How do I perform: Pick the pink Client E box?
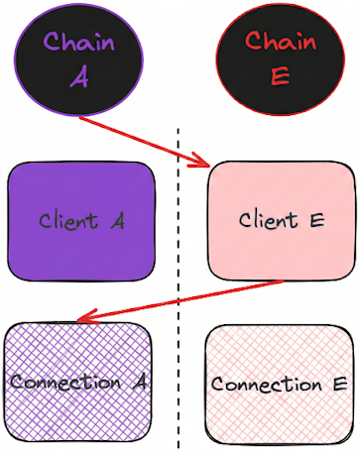point(282,220)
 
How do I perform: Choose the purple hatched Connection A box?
point(78,382)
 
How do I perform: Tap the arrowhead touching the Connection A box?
point(83,318)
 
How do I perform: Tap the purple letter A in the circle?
point(79,78)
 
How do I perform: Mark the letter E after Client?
point(316,219)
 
